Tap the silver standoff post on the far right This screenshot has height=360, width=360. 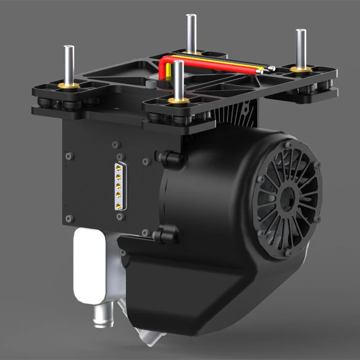(x=301, y=47)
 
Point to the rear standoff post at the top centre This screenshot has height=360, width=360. (x=190, y=32)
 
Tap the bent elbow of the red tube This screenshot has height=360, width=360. (x=164, y=62)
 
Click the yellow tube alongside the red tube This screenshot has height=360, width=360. (x=222, y=64)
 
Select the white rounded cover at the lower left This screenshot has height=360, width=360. (x=89, y=264)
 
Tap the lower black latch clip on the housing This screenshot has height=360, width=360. (x=167, y=235)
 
